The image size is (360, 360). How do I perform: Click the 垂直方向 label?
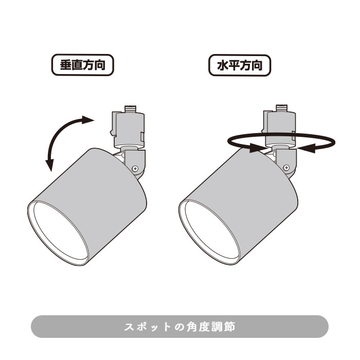[x=82, y=66]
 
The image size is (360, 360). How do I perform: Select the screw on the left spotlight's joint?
[x=135, y=168]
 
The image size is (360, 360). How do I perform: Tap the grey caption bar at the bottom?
[x=179, y=327]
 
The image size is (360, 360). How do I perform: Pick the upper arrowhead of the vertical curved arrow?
[x=87, y=120]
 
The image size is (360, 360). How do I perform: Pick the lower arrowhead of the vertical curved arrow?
[x=50, y=166]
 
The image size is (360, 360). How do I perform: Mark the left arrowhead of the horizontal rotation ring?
[x=255, y=149]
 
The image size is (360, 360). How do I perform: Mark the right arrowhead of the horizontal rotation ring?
[x=303, y=148]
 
